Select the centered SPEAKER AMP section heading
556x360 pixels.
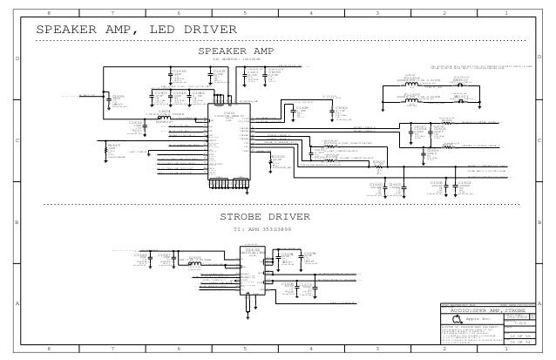tap(235, 51)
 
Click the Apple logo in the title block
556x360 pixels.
tap(455, 321)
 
